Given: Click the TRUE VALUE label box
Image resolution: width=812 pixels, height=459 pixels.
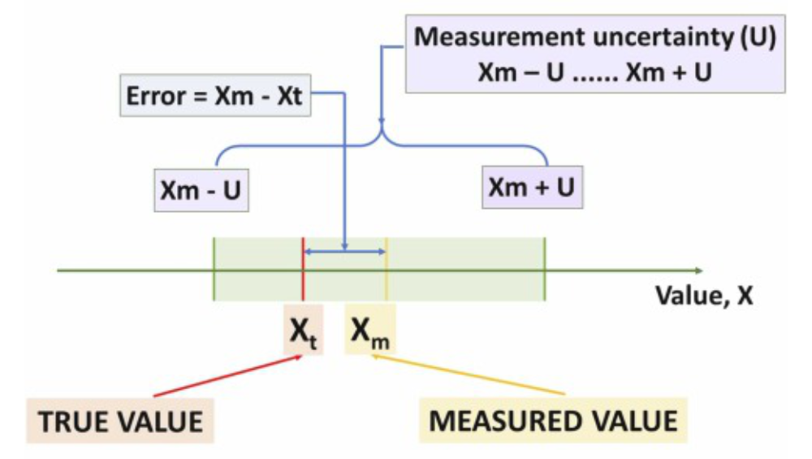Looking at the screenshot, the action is (120, 421).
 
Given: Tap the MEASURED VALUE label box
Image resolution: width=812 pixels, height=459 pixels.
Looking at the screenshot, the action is (553, 420).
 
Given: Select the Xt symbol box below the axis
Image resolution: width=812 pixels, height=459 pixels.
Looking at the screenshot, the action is (304, 330).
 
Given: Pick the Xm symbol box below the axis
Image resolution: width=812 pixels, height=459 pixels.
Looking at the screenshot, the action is (369, 330).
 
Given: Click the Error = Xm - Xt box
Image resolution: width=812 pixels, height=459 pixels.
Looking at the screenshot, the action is (215, 95).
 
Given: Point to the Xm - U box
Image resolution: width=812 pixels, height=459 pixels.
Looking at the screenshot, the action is (201, 190).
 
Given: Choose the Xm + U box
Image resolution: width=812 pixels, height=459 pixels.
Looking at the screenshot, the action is (533, 187).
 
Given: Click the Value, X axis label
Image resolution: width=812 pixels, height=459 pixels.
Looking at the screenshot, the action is (704, 295).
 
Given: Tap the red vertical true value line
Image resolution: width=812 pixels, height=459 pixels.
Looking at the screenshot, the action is (304, 269).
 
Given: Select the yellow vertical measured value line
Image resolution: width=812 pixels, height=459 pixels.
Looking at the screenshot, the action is (387, 269).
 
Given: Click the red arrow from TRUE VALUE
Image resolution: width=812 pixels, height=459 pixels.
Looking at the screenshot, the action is (228, 376).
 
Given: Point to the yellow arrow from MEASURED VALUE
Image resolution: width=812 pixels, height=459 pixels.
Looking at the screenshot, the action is (469, 375).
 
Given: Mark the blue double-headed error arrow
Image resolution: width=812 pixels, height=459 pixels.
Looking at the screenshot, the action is (345, 253).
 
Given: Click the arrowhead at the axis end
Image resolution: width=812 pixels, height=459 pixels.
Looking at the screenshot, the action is (699, 271).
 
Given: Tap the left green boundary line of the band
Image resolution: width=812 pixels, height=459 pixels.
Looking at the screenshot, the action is (214, 269).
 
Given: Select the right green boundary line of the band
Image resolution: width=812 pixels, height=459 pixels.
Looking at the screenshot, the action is (545, 269).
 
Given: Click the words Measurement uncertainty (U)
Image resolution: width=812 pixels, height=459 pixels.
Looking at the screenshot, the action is (595, 37).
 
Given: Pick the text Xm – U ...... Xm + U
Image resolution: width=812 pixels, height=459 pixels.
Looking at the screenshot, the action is (595, 72).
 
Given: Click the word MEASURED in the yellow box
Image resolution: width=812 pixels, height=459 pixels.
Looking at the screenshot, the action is (508, 421).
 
